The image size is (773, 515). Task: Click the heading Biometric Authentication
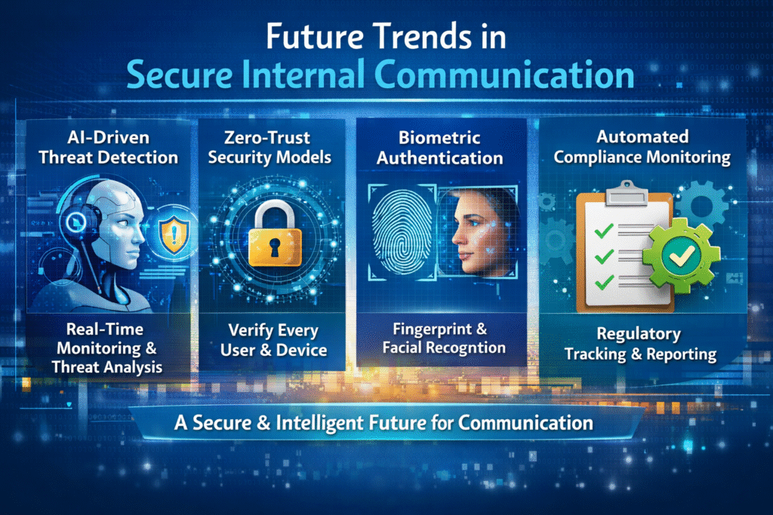click(x=440, y=147)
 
